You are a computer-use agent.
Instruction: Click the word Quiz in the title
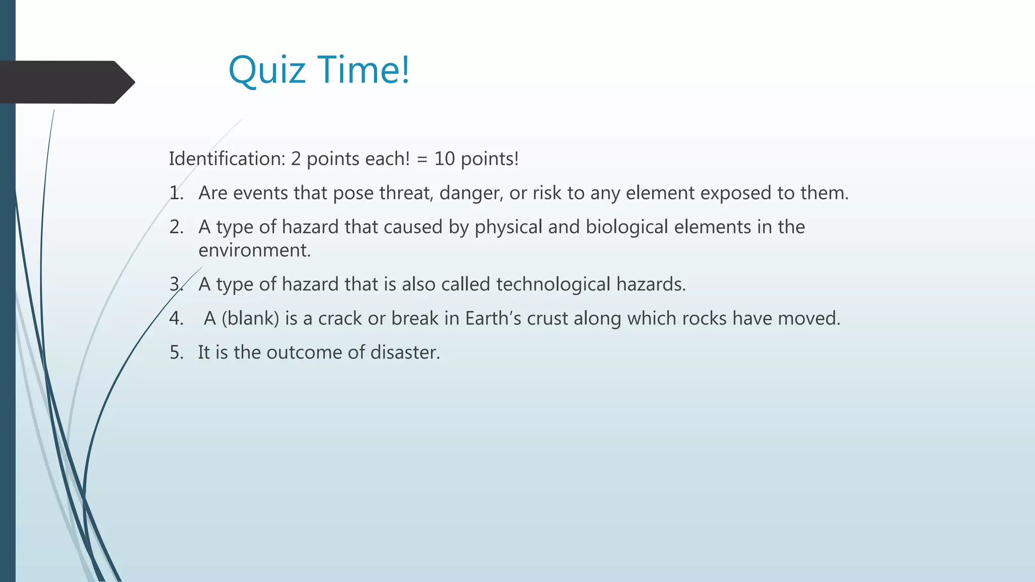point(267,71)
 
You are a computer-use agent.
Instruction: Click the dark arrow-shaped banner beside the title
point(66,82)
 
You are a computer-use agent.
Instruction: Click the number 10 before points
point(445,159)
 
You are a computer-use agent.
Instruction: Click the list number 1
point(176,193)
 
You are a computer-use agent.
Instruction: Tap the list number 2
point(176,227)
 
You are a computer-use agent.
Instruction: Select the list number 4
point(176,318)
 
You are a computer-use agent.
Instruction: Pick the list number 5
point(176,352)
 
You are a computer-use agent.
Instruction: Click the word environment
point(254,251)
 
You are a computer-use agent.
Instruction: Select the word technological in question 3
point(553,284)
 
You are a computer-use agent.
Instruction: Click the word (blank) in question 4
point(250,318)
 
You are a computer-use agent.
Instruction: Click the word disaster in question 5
point(405,352)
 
